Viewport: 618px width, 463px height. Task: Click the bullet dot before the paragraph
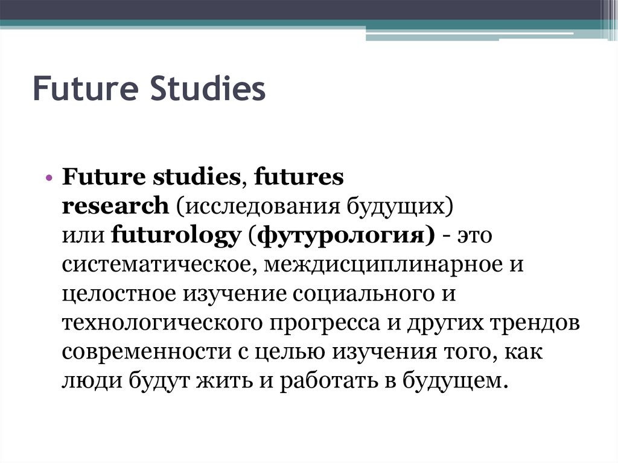(49, 179)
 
